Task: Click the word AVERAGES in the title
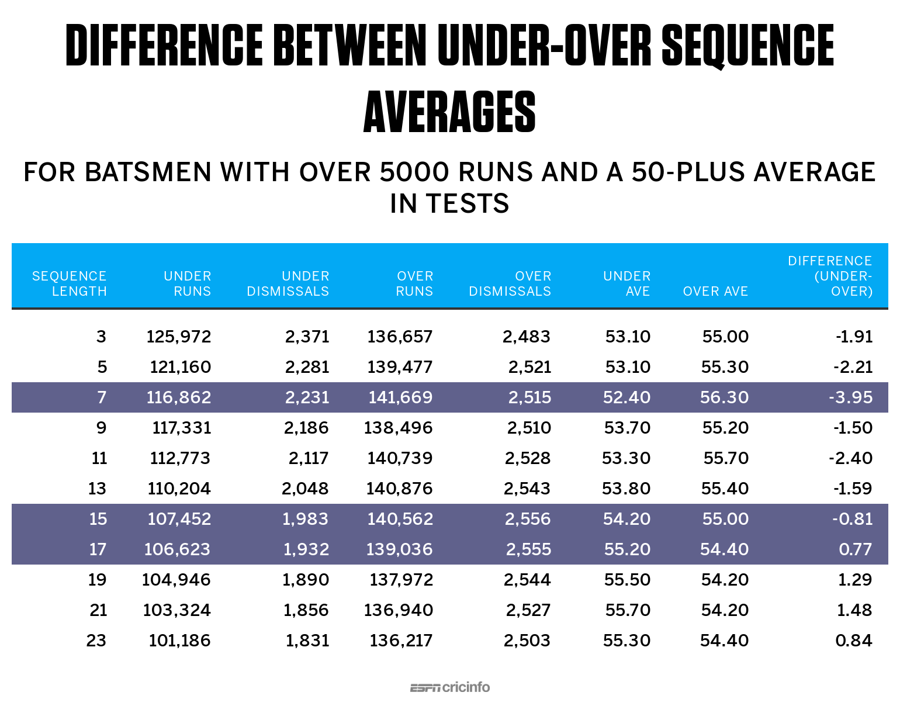click(x=449, y=112)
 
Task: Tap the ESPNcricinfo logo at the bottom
click(x=449, y=687)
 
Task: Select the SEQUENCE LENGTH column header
click(x=69, y=283)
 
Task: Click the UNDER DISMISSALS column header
click(x=288, y=283)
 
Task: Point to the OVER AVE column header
click(x=715, y=291)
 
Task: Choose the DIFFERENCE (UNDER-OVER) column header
click(x=830, y=276)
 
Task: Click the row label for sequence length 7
click(x=102, y=397)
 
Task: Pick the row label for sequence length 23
click(x=96, y=641)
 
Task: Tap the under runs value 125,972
click(x=179, y=337)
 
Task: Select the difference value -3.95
click(x=850, y=397)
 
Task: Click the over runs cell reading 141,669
click(x=400, y=397)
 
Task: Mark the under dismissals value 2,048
click(x=305, y=489)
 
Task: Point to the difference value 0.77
click(x=855, y=549)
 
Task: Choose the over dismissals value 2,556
click(x=528, y=519)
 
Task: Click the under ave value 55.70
click(x=628, y=610)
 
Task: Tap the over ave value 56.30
click(x=724, y=397)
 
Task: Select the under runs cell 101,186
click(x=179, y=641)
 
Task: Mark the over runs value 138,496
click(x=398, y=428)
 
